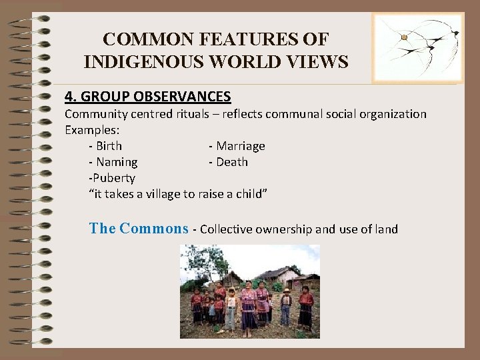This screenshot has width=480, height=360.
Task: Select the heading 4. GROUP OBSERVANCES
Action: click(147, 97)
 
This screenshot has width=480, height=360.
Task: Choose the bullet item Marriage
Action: click(239, 146)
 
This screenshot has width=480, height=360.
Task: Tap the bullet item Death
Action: click(231, 162)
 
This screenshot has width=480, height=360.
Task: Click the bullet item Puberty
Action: click(113, 178)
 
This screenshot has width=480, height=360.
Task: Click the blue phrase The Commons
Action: click(139, 229)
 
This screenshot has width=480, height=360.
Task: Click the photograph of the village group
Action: click(250, 291)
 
